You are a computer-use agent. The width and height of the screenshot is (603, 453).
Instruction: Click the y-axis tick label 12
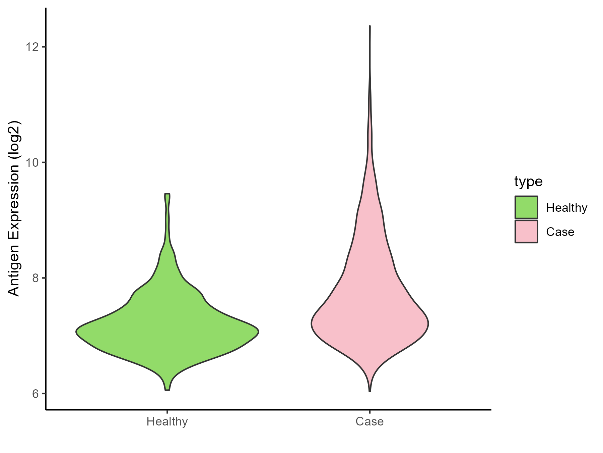click(x=30, y=47)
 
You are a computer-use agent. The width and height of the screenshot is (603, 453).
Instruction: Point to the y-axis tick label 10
click(x=30, y=163)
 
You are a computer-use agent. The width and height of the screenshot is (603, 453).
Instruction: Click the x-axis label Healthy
click(x=167, y=421)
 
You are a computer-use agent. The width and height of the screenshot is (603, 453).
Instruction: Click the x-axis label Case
click(x=370, y=421)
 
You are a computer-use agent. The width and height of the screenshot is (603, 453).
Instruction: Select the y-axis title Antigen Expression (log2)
click(x=14, y=208)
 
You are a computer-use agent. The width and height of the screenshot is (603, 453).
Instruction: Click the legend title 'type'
click(x=528, y=182)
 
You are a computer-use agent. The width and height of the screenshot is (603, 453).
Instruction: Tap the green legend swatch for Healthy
click(x=526, y=207)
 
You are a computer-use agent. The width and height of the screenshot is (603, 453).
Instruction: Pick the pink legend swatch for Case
click(x=526, y=232)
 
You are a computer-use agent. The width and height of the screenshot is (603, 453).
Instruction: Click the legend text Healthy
click(x=566, y=208)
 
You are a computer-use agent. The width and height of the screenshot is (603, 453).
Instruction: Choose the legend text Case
click(x=560, y=232)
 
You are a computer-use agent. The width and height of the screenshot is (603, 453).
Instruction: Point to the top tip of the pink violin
click(x=370, y=26)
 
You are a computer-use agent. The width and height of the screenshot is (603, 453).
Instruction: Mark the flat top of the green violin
click(x=167, y=194)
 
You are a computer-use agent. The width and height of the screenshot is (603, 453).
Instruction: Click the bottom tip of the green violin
click(x=167, y=390)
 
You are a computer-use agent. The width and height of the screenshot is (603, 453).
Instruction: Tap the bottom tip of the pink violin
click(x=370, y=391)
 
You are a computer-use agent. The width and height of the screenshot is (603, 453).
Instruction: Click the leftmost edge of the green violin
click(x=76, y=332)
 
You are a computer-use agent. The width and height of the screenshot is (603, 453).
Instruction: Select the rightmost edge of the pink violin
click(x=428, y=324)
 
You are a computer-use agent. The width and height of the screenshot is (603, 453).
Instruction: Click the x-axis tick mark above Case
click(x=370, y=412)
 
